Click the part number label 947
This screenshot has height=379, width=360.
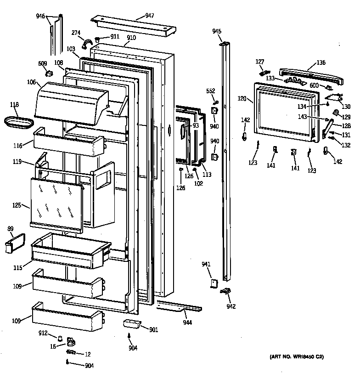click(149, 16)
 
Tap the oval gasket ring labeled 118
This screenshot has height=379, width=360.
click(19, 122)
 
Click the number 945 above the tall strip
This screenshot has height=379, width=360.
click(217, 31)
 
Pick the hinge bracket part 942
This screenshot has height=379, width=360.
click(225, 291)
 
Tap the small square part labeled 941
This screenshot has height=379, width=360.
click(214, 283)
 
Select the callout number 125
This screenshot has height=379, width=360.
click(17, 205)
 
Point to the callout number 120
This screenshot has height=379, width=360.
click(243, 98)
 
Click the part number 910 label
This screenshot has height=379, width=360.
click(131, 38)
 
